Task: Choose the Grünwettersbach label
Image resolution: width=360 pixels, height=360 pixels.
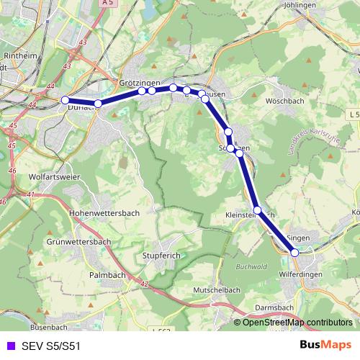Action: click(76, 241)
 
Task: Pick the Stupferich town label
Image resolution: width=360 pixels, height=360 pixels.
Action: click(166, 256)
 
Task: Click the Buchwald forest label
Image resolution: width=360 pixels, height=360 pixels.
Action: click(252, 266)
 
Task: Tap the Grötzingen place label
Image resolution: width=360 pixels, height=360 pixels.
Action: click(140, 83)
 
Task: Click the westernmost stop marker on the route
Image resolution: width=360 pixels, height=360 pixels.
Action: click(65, 100)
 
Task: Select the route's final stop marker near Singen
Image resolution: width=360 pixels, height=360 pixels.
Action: click(294, 252)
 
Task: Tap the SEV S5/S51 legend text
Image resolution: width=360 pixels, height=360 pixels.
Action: click(51, 346)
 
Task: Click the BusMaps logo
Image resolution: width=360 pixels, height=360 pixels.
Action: click(325, 345)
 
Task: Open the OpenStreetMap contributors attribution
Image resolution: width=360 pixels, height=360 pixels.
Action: click(297, 323)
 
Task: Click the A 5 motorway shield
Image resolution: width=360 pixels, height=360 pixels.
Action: click(107, 4)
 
